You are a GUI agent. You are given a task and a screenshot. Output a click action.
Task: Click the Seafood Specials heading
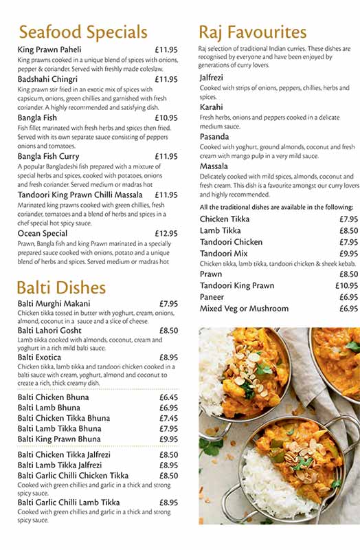coord(82,32)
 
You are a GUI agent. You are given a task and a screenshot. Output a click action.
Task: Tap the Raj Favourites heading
coord(252,32)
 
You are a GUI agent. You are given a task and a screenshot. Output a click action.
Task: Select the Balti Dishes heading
coord(61,287)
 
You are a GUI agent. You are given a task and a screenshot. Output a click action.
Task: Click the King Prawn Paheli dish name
coord(49,49)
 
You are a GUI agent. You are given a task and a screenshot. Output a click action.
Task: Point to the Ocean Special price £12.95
coord(166,234)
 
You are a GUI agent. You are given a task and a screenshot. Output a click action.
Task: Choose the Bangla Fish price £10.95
coord(166,118)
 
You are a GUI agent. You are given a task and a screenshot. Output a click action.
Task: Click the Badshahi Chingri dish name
coord(47,79)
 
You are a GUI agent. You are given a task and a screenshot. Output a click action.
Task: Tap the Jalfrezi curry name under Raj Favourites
coord(213,78)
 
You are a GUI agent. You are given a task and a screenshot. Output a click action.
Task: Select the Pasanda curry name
coord(215,137)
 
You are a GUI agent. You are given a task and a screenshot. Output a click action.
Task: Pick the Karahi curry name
coord(212,108)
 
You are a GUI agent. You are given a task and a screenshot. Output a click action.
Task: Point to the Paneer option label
coord(213,297)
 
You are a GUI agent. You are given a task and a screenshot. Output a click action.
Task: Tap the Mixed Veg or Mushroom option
coord(245,309)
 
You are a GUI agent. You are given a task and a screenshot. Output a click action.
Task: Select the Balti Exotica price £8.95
coord(168,357)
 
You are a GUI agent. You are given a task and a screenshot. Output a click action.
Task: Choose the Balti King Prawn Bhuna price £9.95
coord(168,439)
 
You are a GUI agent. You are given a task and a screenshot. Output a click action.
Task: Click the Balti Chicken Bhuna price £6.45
coord(168,397)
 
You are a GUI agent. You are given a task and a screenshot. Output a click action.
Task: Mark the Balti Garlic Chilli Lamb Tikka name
coord(69,503)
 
